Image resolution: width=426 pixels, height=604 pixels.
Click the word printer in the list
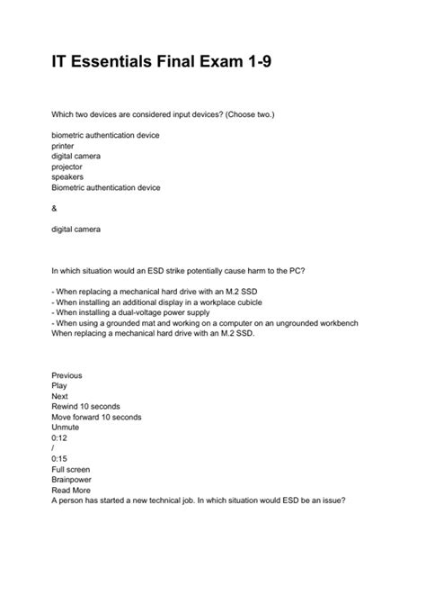pyautogui.click(x=64, y=145)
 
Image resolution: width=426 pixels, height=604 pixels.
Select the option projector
pyautogui.click(x=68, y=167)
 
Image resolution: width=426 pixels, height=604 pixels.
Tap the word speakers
pyautogui.click(x=68, y=177)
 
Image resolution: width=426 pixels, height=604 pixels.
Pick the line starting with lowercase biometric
pyautogui.click(x=105, y=134)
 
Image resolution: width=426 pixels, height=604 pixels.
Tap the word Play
pyautogui.click(x=59, y=384)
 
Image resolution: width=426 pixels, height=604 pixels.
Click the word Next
pyautogui.click(x=60, y=395)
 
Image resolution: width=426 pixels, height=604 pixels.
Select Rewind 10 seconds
pyautogui.click(x=89, y=406)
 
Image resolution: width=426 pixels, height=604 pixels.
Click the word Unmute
pyautogui.click(x=67, y=428)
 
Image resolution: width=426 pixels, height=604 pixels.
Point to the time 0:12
pyautogui.click(x=59, y=438)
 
